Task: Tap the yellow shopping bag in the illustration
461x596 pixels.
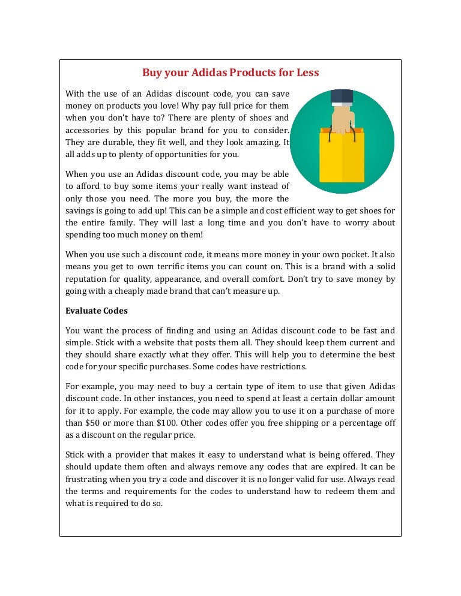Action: point(342,157)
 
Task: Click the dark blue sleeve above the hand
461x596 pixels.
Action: point(342,97)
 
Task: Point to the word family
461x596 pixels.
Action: point(118,222)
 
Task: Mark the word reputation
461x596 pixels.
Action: point(88,279)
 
